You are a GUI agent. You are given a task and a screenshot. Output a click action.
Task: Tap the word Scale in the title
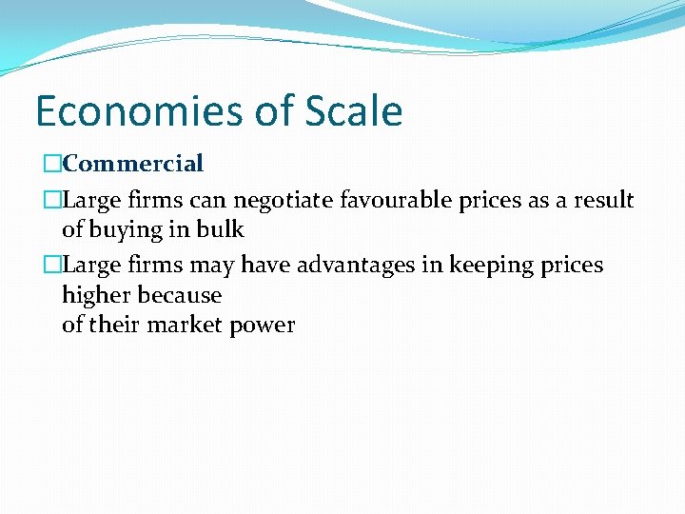coord(354,111)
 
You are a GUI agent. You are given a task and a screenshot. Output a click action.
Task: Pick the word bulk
coord(222,229)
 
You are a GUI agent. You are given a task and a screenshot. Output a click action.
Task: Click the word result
coord(603,200)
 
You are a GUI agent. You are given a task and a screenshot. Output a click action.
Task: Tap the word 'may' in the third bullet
coord(214,266)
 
